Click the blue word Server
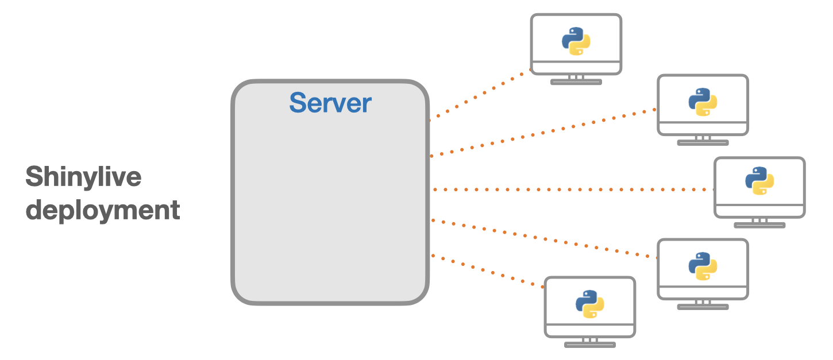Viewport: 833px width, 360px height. pos(330,103)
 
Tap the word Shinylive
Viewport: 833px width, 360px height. pos(83,177)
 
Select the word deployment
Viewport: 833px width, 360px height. pos(103,210)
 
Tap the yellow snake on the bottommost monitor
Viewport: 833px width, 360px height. pos(594,309)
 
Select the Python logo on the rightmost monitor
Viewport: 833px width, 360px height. pos(759,181)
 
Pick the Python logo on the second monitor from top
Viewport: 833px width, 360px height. pos(703,102)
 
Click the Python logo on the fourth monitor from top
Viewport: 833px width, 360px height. pos(703,266)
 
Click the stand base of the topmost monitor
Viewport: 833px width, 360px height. pos(576,82)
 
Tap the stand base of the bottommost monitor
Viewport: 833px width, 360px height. pos(589,345)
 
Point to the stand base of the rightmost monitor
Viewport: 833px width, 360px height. pos(759,225)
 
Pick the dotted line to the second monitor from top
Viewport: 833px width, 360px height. pos(543,133)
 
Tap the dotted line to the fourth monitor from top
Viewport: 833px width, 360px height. pos(543,238)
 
